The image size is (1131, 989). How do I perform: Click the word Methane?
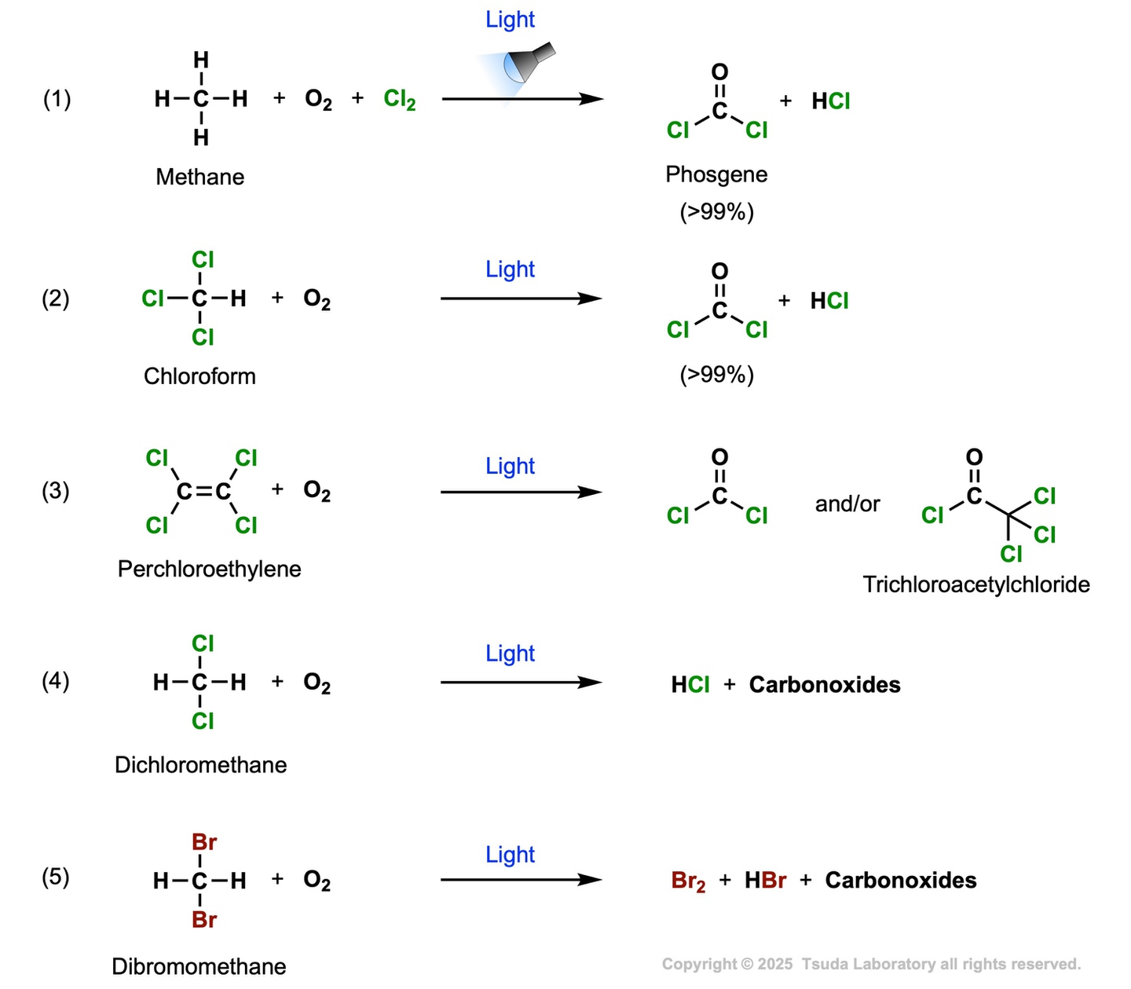(199, 177)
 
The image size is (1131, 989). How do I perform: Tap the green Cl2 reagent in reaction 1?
(399, 100)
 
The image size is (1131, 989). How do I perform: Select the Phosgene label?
(716, 174)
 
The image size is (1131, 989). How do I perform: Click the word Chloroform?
(199, 376)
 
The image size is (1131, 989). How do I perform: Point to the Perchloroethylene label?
(209, 569)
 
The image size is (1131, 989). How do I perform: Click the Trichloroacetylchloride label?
(976, 584)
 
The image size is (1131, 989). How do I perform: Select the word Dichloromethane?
(200, 765)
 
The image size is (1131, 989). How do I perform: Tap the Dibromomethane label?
(199, 966)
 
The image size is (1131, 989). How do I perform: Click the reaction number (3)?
(56, 491)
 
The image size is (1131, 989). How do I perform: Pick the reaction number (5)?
(56, 877)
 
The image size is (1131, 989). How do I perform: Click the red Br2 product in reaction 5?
(688, 881)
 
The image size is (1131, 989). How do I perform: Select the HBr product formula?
(765, 881)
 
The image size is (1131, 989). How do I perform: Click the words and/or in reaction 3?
(847, 504)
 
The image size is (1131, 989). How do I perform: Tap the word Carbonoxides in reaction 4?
(825, 684)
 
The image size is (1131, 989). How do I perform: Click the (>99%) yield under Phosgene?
(716, 211)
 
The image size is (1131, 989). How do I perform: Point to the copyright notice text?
(871, 964)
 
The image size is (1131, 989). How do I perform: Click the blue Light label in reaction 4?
(510, 654)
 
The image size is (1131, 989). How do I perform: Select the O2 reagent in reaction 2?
(317, 299)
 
